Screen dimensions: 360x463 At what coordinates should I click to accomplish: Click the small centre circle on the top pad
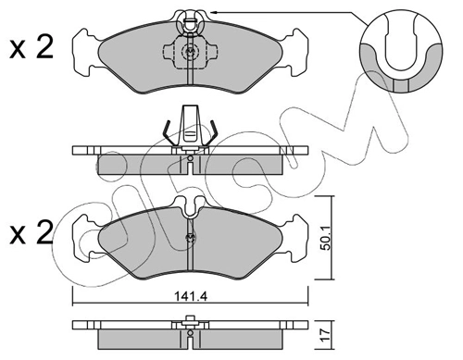190,53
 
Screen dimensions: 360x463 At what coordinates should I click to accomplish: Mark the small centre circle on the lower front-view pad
191,238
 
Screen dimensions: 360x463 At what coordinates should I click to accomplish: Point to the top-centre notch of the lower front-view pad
190,205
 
